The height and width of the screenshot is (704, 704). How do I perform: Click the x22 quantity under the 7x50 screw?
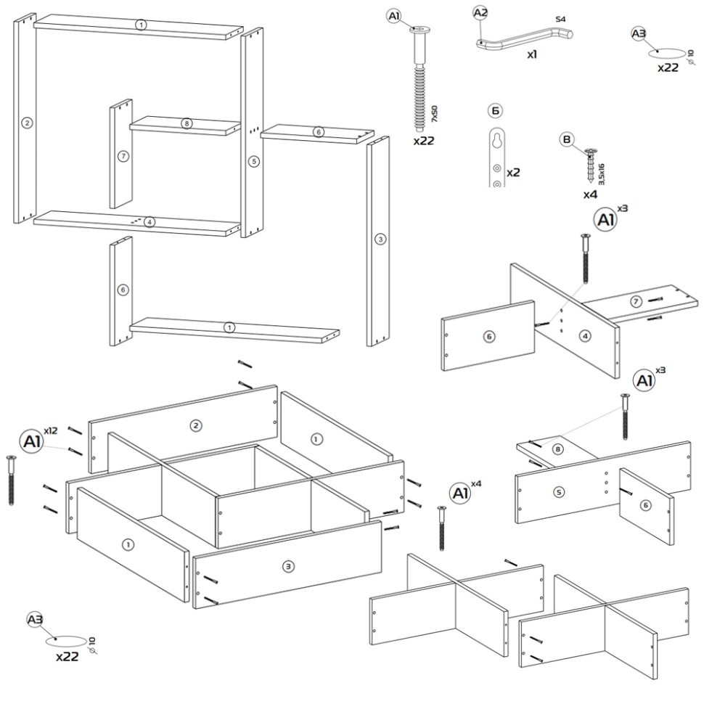[424, 141]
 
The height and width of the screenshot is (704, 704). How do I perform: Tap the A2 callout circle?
[480, 13]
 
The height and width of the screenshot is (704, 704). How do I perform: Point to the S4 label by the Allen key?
[560, 19]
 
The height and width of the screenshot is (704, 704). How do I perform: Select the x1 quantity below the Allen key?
[532, 54]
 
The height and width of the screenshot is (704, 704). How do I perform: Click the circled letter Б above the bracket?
[495, 110]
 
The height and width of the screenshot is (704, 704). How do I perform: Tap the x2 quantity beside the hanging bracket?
[513, 173]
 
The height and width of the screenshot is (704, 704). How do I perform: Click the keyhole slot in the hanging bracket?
[497, 139]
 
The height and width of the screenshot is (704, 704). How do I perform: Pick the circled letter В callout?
[567, 139]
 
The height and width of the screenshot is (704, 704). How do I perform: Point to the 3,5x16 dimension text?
[601, 174]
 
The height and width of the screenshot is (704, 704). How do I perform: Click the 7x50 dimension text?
[434, 114]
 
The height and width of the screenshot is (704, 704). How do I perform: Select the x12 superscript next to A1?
[51, 430]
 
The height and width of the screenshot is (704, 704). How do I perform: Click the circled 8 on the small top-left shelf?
[187, 123]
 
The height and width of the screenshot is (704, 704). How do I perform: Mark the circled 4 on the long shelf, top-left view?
[150, 222]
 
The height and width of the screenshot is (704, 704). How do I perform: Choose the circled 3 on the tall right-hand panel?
[380, 240]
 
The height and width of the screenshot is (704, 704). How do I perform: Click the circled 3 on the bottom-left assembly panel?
[288, 567]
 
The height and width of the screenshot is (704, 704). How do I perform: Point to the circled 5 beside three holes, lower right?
[559, 492]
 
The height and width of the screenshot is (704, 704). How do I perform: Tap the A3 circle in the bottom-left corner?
[35, 620]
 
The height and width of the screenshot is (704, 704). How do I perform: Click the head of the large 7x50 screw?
[420, 30]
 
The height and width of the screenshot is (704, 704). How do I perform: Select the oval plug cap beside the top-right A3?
[666, 54]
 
